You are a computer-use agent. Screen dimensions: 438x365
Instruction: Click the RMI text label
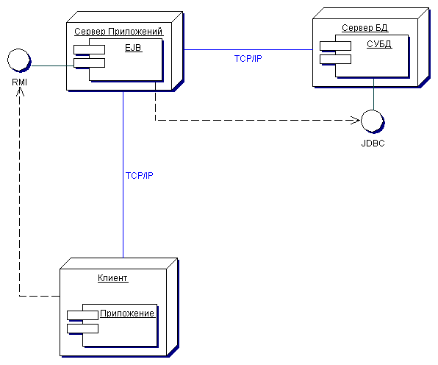(x=20, y=82)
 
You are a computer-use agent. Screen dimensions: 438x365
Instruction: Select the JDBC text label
(x=373, y=143)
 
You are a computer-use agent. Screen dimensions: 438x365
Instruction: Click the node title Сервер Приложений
(x=118, y=32)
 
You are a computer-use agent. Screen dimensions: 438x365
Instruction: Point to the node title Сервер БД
(x=365, y=28)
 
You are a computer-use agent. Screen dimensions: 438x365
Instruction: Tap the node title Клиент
(x=113, y=278)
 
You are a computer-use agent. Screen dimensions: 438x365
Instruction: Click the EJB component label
(x=133, y=48)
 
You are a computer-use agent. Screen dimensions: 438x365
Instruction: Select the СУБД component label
(x=379, y=44)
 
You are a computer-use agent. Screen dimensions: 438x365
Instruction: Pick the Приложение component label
(x=127, y=313)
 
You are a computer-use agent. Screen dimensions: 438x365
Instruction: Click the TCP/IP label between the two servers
(x=248, y=58)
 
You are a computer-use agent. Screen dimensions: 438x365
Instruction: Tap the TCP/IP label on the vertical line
(x=140, y=175)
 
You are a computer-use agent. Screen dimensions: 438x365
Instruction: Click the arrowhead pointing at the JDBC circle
(x=356, y=120)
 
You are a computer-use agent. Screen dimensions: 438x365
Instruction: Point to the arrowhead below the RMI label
(x=20, y=91)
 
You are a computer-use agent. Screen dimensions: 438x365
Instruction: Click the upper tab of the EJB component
(x=89, y=49)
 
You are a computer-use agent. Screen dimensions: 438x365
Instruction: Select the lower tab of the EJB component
(x=89, y=63)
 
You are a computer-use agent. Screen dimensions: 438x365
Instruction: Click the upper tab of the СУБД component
(x=335, y=46)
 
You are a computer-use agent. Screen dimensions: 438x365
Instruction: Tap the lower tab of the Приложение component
(x=83, y=329)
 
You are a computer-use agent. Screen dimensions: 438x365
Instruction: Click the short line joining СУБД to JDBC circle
(x=373, y=94)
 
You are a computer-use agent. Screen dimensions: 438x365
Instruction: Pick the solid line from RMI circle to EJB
(x=52, y=65)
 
